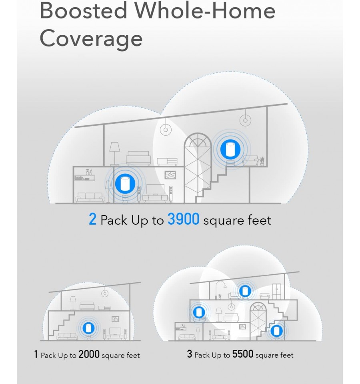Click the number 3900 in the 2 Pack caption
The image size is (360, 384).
[x=183, y=219]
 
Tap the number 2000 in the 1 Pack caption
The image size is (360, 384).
[x=89, y=354]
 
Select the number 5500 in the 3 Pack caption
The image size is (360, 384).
[x=242, y=354]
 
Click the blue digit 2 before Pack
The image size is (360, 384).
[x=92, y=219]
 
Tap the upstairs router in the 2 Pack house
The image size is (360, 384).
[x=230, y=149]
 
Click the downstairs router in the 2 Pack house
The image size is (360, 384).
[x=125, y=183]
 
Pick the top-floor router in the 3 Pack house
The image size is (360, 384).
[x=245, y=291]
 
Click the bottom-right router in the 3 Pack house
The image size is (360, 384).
[x=277, y=331]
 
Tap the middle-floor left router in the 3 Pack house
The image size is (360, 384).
[x=199, y=312]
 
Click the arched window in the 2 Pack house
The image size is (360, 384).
[x=197, y=168]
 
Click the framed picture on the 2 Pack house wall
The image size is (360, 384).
[x=170, y=175]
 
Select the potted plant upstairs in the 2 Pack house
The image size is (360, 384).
[x=262, y=161]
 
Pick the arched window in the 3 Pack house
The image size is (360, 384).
[x=258, y=321]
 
